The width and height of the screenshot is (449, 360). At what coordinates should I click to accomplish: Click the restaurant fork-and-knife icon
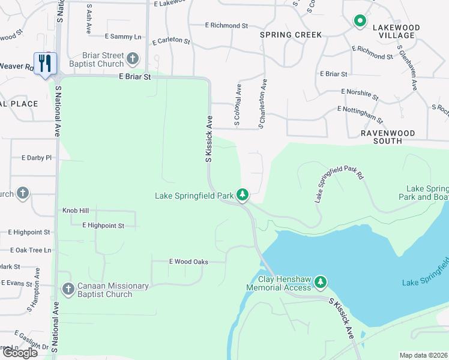45,63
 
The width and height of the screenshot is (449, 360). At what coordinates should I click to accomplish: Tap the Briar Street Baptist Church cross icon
132,59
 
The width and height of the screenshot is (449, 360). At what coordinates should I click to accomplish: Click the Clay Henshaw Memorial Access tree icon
321,281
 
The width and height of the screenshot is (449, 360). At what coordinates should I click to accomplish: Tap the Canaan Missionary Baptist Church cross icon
68,290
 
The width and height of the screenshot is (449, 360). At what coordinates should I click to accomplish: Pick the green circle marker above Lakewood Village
360,22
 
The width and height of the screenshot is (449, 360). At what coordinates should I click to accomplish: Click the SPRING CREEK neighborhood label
291,35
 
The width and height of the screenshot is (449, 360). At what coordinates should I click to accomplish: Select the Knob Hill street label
76,211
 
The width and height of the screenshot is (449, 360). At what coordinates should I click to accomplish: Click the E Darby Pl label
37,158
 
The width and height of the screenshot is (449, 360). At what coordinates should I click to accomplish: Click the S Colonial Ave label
238,105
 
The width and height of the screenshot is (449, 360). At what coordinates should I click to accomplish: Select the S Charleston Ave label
262,103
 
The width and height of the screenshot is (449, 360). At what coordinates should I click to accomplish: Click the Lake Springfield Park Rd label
339,184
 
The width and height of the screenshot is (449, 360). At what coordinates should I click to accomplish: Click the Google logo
20,353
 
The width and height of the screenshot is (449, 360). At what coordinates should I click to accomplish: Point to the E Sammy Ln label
122,37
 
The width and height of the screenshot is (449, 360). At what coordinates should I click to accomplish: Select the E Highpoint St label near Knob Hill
103,226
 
